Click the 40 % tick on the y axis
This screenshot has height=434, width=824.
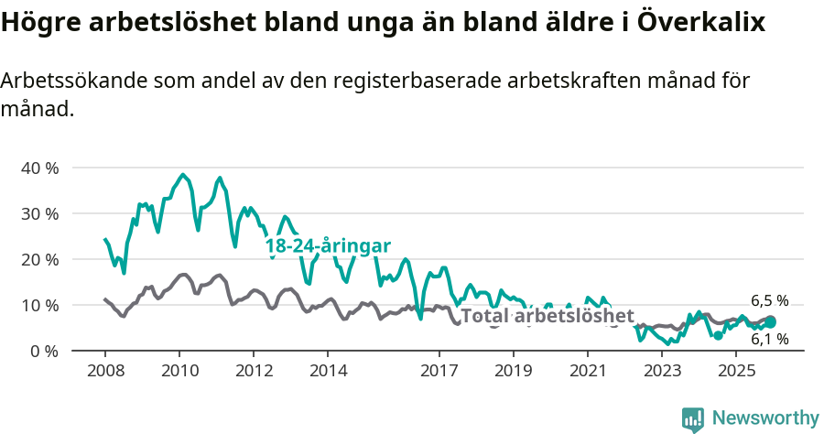(39, 168)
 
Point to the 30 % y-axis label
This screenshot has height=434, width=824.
(39, 214)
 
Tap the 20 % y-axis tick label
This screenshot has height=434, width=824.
(39, 260)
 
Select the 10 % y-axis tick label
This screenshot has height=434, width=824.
(39, 306)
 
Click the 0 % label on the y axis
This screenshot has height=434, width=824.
(44, 352)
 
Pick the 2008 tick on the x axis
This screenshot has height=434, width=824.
(105, 371)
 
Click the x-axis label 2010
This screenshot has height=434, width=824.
(179, 371)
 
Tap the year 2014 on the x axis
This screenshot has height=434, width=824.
(329, 371)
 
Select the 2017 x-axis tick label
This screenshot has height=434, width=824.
(439, 371)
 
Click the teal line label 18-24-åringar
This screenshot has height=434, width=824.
(328, 245)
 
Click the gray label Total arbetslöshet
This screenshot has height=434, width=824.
(547, 317)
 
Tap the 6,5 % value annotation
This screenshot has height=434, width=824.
(769, 300)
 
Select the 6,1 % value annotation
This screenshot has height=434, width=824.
(769, 339)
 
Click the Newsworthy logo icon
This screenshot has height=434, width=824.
(693, 419)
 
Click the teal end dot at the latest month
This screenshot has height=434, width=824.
(771, 322)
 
